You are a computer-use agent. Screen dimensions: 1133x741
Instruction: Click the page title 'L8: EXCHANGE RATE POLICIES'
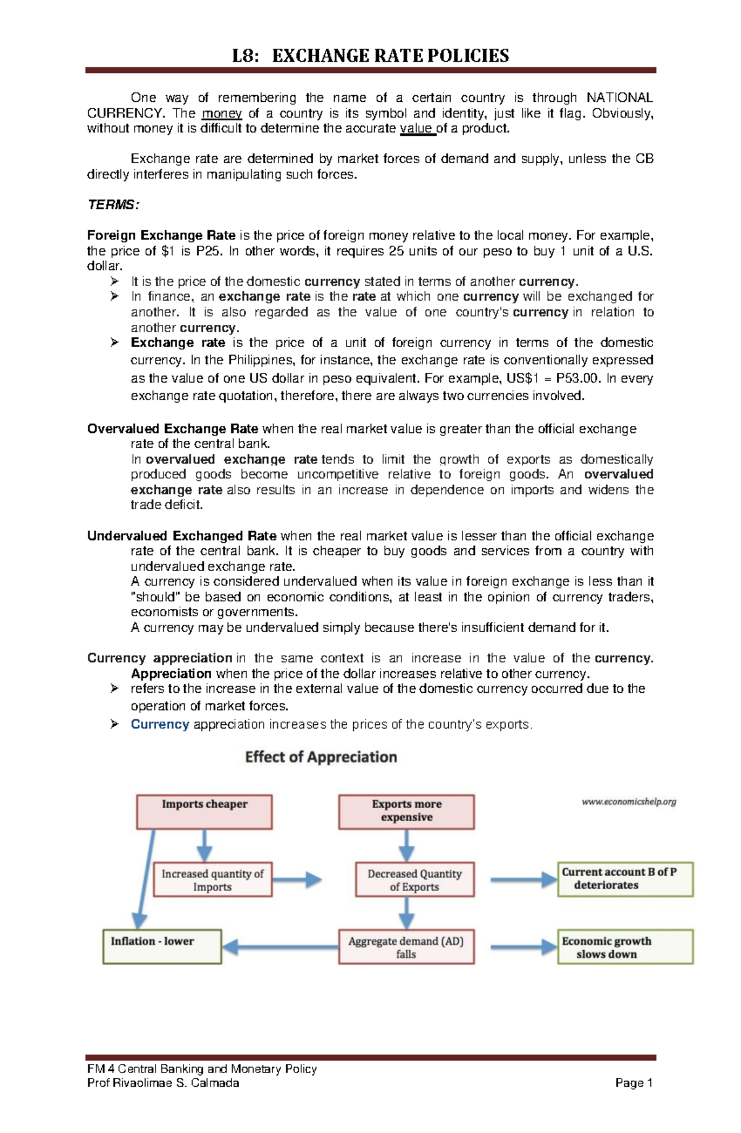[370, 56]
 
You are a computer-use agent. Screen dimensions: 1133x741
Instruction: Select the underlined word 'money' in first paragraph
[222, 113]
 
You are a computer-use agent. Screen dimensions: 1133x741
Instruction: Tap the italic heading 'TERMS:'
[113, 204]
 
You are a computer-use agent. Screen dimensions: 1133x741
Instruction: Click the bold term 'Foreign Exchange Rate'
[161, 235]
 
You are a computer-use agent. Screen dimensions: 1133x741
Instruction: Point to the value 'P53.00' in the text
[577, 378]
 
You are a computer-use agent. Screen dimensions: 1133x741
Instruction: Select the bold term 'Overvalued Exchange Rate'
[173, 429]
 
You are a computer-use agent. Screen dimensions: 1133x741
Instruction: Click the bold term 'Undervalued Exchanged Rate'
[182, 535]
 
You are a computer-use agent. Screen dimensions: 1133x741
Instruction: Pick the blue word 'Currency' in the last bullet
[159, 724]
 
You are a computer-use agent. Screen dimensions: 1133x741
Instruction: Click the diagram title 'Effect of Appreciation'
[321, 757]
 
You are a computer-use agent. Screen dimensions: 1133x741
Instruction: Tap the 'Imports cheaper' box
[204, 811]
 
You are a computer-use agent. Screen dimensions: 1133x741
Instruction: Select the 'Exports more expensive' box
[406, 811]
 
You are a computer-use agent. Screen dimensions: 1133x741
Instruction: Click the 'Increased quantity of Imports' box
[212, 879]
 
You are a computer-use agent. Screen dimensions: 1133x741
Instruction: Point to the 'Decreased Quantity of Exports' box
[414, 879]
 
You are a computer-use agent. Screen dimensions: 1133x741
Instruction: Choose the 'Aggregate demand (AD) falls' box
[406, 947]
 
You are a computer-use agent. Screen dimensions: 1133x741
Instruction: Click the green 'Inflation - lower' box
[162, 947]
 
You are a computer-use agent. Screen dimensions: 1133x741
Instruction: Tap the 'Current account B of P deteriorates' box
[625, 879]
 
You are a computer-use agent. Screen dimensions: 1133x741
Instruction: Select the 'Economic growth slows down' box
[625, 947]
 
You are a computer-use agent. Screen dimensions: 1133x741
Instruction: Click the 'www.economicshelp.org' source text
[629, 801]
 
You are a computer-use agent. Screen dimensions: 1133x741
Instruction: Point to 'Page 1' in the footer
[634, 1083]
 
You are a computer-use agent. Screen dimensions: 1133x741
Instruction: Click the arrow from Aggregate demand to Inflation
[281, 947]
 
